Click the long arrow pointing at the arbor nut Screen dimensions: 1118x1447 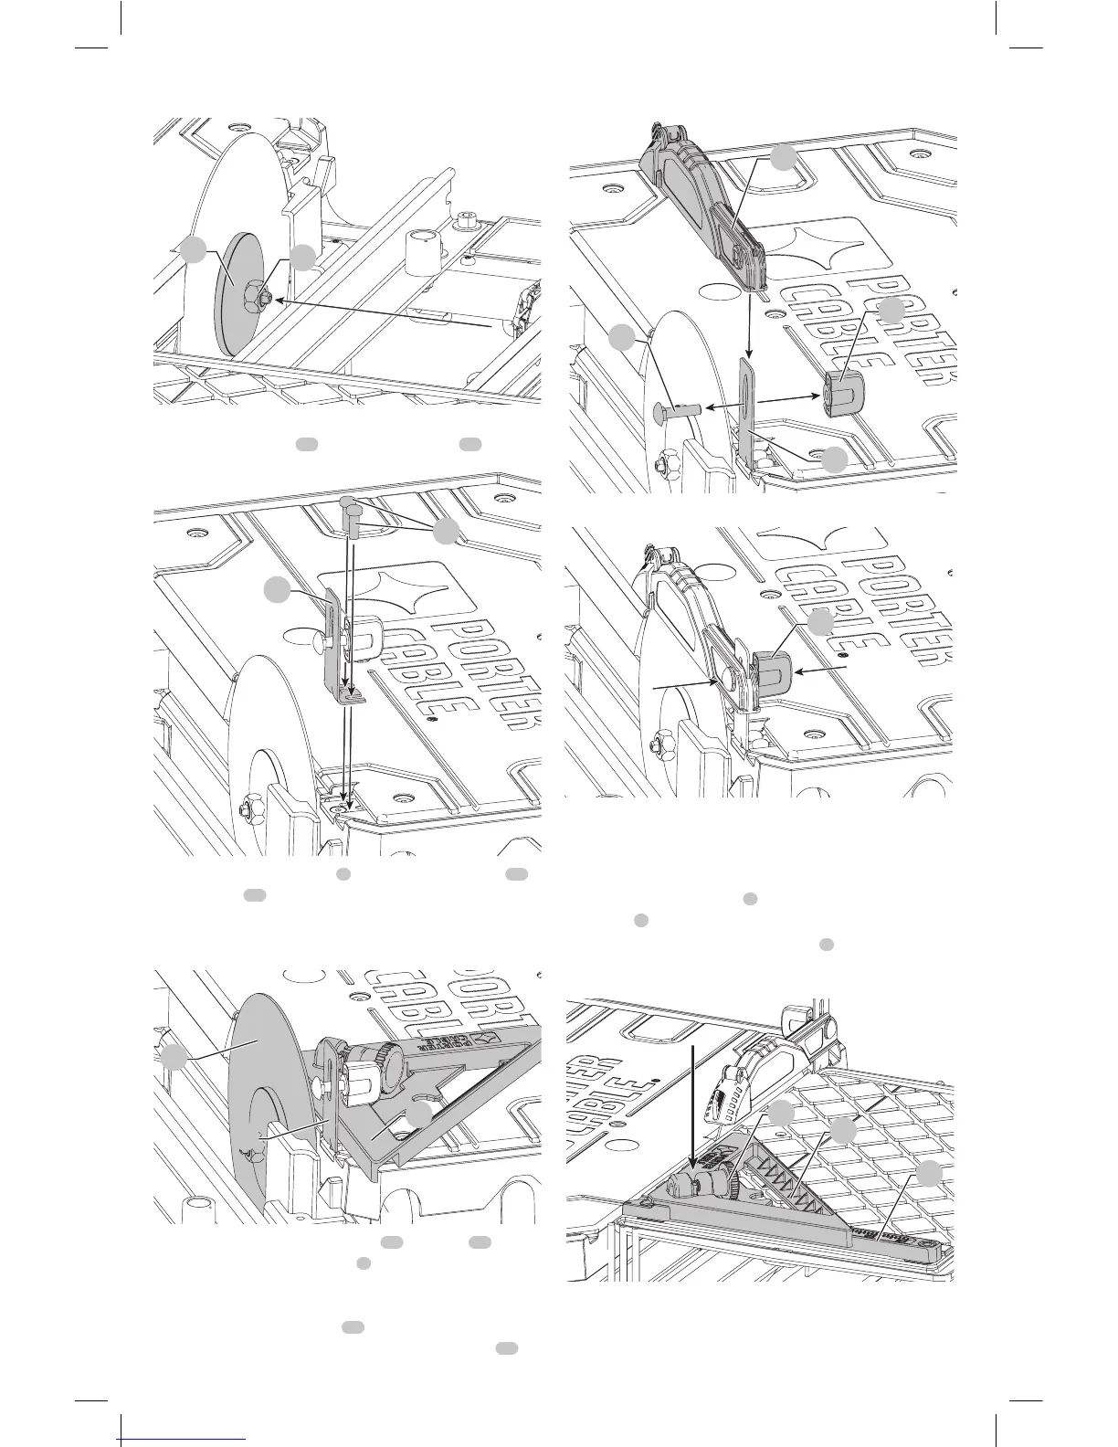pyautogui.click(x=384, y=312)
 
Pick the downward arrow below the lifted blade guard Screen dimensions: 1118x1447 pyautogui.click(x=751, y=324)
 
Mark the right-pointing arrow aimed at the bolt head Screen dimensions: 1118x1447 pyautogui.click(x=685, y=682)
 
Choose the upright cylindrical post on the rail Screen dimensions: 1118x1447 pyautogui.click(x=421, y=250)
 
